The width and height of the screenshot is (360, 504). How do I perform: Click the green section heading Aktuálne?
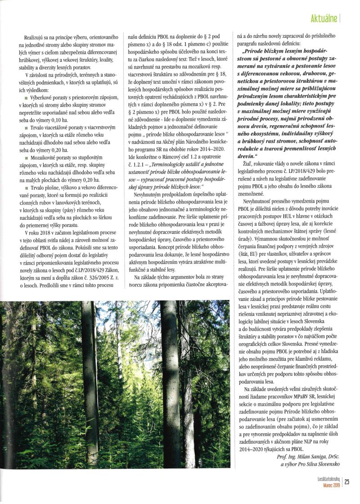pos(324,18)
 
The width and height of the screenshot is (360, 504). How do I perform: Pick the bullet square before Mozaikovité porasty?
pos(27,159)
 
